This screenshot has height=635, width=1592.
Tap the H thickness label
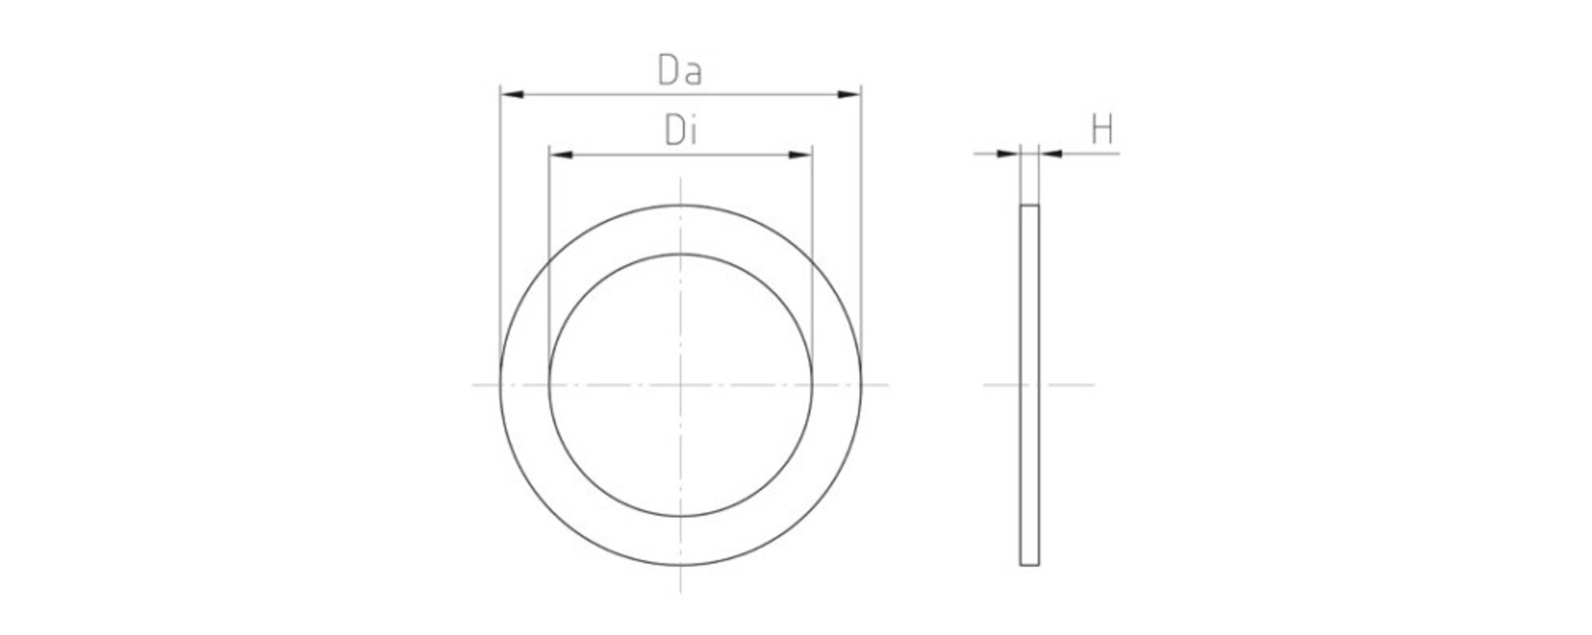(x=1102, y=130)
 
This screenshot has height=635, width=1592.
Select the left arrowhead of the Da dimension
(x=512, y=95)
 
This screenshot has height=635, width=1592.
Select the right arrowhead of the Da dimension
(x=848, y=95)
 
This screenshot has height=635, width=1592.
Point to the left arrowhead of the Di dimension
(x=561, y=155)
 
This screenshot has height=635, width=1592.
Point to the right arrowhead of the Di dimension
(x=800, y=155)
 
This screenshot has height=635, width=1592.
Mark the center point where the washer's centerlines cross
(x=680, y=385)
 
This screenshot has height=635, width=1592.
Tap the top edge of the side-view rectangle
(x=1030, y=205)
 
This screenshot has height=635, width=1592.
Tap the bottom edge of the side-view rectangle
(x=1030, y=565)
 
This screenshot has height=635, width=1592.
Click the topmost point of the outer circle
(x=680, y=205)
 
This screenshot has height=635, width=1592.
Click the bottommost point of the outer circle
(x=680, y=565)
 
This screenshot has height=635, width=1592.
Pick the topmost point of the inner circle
(x=680, y=254)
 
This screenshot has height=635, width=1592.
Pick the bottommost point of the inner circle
(x=680, y=516)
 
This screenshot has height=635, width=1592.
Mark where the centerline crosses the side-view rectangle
(x=1030, y=385)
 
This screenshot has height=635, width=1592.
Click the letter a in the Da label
(x=694, y=74)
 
